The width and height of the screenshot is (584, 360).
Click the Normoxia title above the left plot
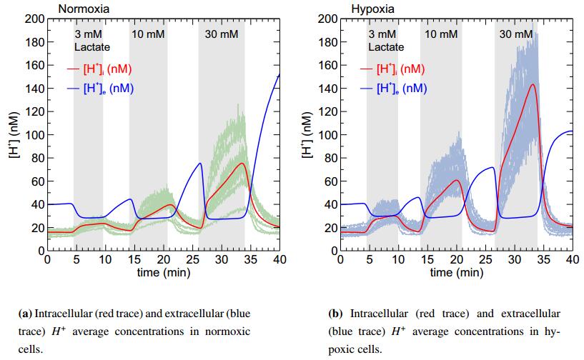(80, 9)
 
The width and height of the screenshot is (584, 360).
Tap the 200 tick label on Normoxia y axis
(35, 19)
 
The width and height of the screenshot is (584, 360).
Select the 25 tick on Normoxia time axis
(192, 259)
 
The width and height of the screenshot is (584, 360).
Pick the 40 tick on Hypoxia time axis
(572, 259)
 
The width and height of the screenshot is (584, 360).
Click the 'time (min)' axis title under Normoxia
(164, 272)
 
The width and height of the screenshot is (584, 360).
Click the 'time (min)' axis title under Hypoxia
(456, 272)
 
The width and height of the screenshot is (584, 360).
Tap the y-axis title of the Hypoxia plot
(307, 135)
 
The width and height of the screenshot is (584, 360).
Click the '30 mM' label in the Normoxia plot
(222, 34)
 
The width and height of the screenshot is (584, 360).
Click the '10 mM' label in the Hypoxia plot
(441, 34)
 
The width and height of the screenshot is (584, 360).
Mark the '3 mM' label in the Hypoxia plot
(382, 34)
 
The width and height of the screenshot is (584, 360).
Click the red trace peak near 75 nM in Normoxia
(243, 164)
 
